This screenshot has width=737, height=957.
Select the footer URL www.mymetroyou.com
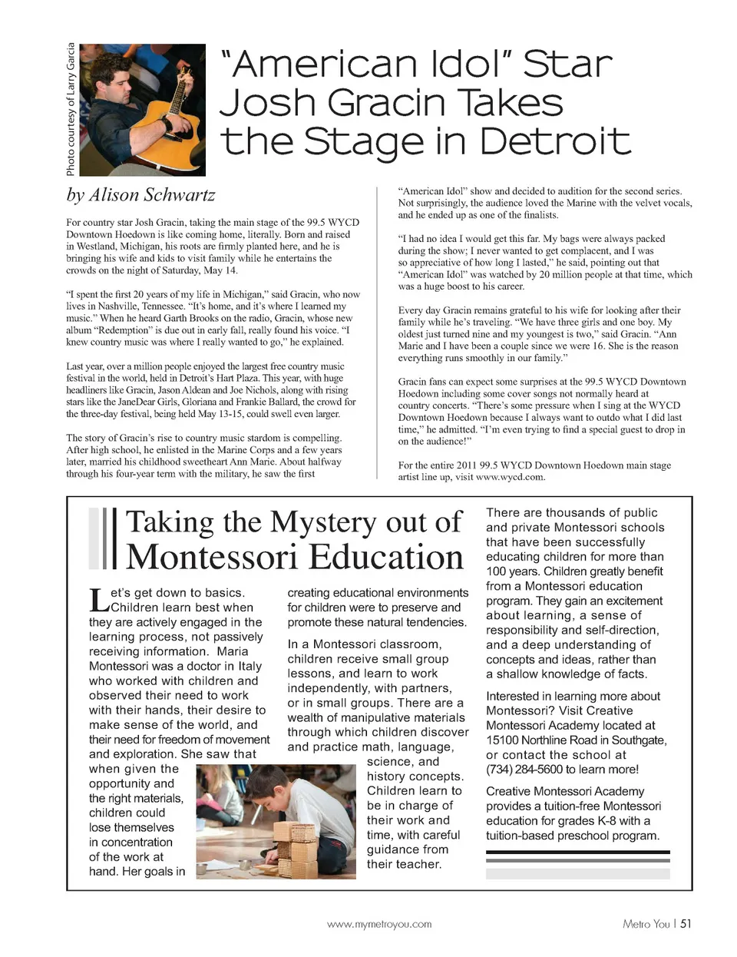pos(379,924)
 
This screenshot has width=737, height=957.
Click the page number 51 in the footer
pos(686,924)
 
